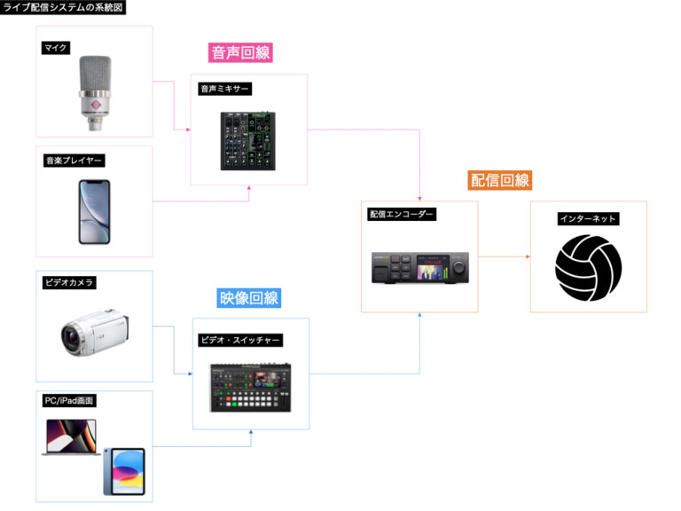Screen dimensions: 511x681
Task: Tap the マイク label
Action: [x=56, y=48]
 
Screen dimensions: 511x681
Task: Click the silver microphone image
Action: [x=95, y=92]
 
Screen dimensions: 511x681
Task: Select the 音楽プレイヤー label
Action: [x=74, y=161]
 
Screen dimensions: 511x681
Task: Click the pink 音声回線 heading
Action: [x=240, y=52]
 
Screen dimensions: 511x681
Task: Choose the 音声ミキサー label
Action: [x=225, y=89]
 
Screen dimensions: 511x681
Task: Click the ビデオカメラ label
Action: [x=68, y=283]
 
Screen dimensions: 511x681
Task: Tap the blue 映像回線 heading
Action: [x=248, y=299]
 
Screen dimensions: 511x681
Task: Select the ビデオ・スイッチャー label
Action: [x=239, y=341]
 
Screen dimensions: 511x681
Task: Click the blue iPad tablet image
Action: [x=123, y=470]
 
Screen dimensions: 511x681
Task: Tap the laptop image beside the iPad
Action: [x=71, y=438]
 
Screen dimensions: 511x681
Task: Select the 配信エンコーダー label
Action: [x=401, y=214]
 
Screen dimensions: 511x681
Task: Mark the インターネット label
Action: [x=588, y=218]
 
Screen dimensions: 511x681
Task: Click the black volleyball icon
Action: [x=588, y=267]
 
